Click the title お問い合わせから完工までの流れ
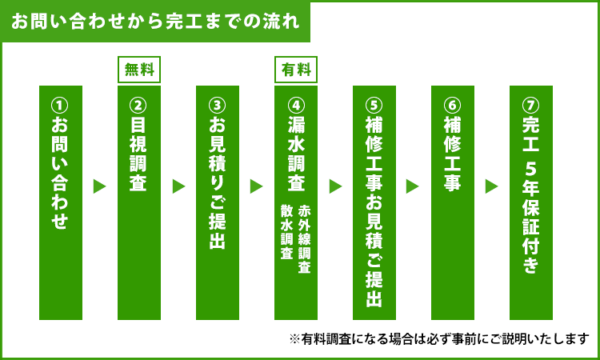tap(155, 22)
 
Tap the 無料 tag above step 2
tap(139, 70)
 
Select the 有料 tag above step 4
tap(296, 70)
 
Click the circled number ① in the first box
tap(61, 105)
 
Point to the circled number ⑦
tap(530, 105)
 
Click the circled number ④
tap(296, 105)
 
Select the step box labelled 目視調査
tap(139, 202)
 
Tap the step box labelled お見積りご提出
tap(218, 202)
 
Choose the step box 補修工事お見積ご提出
tap(374, 202)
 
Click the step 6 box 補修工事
tap(453, 202)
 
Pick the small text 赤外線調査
tap(304, 239)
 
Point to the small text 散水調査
tap(287, 232)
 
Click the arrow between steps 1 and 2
tap(99, 186)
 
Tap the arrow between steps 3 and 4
tap(256, 186)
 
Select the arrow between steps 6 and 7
tap(492, 186)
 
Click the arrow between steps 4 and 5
tap(335, 186)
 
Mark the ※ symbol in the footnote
tap(294, 339)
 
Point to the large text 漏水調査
tap(296, 153)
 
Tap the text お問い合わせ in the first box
tap(61, 172)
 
